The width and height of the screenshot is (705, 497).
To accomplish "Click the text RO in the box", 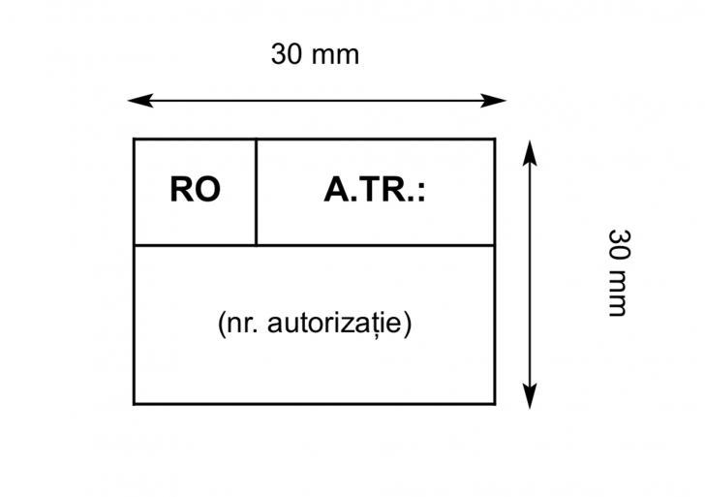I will (195, 190).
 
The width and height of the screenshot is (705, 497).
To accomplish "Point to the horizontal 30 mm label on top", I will (315, 55).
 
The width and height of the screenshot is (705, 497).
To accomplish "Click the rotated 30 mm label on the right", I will (618, 272).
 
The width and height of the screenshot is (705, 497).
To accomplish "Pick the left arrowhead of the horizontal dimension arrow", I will (135, 100).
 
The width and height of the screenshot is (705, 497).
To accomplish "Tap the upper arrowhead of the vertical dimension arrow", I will (530, 146).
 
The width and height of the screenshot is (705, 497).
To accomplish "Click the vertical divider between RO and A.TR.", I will (256, 192).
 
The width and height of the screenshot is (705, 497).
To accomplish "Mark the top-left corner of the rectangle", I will (134, 140).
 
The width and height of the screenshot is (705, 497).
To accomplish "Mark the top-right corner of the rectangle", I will (495, 140).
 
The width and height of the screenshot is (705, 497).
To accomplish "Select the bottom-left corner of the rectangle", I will (134, 403).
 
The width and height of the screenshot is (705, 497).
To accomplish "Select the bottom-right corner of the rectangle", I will (495, 403).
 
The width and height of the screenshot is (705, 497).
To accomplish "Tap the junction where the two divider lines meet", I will (256, 245).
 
